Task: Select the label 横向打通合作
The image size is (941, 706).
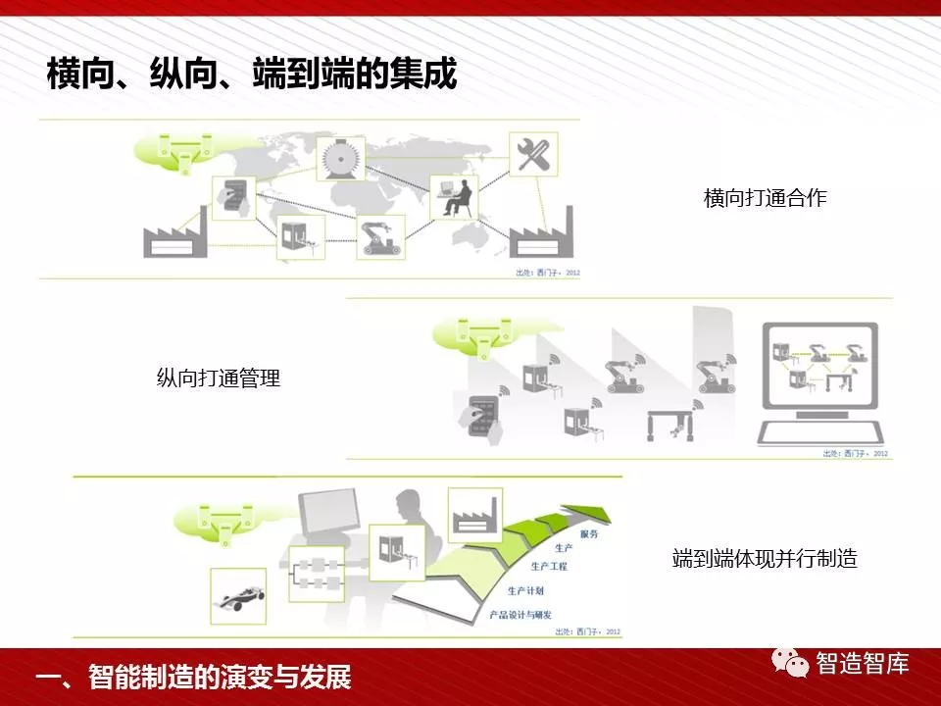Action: pyautogui.click(x=765, y=198)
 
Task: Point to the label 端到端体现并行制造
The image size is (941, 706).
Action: pyautogui.click(x=765, y=559)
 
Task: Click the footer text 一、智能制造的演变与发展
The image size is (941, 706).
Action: pyautogui.click(x=192, y=678)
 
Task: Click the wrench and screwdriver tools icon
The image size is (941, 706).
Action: pyautogui.click(x=533, y=154)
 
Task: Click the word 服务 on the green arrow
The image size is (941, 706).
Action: pyautogui.click(x=589, y=534)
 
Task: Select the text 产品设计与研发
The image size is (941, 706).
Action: pyautogui.click(x=520, y=615)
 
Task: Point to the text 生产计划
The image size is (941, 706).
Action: pyautogui.click(x=526, y=591)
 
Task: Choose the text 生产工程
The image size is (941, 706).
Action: pyautogui.click(x=549, y=567)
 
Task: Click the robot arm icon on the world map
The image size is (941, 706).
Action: pyautogui.click(x=379, y=236)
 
